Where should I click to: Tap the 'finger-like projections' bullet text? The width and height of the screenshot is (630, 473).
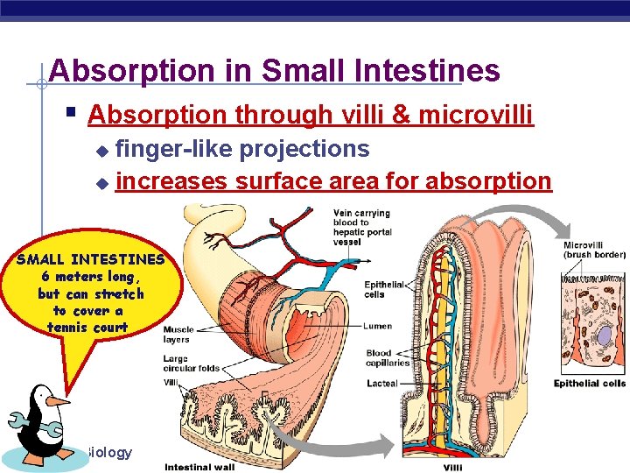[x=242, y=149]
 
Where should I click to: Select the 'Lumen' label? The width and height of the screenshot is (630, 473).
[x=378, y=326]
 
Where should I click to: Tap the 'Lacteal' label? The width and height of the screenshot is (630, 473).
[x=381, y=384]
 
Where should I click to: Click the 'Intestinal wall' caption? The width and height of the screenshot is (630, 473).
[x=199, y=466]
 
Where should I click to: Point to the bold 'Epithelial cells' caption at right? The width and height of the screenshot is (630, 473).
[x=589, y=384]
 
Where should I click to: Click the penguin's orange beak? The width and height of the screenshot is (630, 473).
[x=58, y=401]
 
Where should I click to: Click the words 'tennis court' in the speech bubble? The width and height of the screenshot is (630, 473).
[x=88, y=327]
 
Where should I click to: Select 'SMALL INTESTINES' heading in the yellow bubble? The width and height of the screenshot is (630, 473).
[x=90, y=259]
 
